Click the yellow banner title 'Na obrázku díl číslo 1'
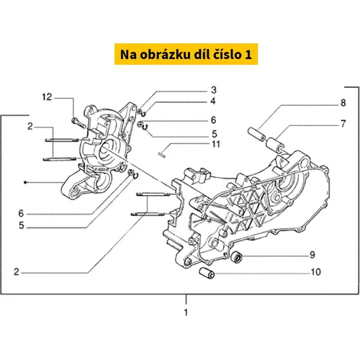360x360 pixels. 186,54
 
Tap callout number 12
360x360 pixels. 47,97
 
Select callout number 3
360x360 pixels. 214,90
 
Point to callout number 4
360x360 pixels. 213,101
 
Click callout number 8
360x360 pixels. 343,103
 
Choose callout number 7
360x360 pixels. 343,124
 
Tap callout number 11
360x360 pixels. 216,144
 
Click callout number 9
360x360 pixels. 312,255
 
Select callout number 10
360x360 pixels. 316,272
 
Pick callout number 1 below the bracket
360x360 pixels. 186,312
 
